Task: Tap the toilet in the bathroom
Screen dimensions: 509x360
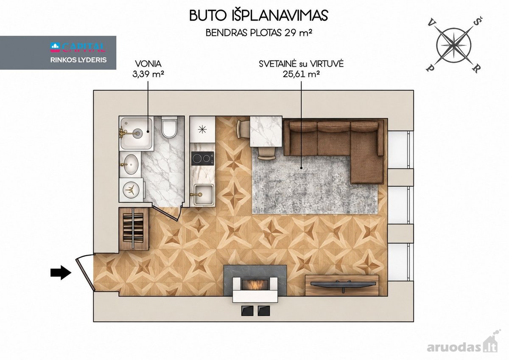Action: pos(169,127)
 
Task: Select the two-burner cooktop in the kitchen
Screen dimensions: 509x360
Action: pos(203,158)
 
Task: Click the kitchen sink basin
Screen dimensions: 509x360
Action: pos(204,195)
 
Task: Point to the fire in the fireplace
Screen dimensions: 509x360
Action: pos(256,284)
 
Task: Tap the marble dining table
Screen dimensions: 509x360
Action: pos(266,132)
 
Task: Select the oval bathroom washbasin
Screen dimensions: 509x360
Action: pos(131,164)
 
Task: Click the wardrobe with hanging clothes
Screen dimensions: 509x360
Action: pos(134,228)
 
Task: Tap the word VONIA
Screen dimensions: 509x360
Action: pos(148,64)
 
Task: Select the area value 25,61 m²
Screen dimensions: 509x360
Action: pos(301,74)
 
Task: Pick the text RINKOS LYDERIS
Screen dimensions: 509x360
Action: pos(78,60)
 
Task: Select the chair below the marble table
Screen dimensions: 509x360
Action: pos(267,153)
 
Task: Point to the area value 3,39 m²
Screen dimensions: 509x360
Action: pos(148,74)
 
